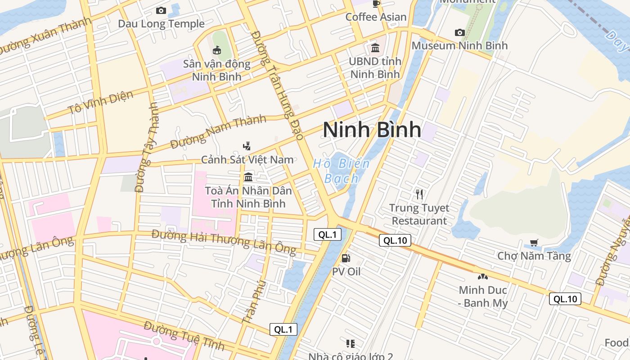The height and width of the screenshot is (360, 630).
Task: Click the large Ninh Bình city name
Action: coord(372,130)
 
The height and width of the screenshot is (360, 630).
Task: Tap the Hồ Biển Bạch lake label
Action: coord(342,171)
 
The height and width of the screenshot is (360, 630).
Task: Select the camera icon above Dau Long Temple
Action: coord(161,10)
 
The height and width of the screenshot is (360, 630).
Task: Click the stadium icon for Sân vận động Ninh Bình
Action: coord(217,50)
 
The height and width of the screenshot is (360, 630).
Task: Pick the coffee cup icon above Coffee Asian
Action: coord(376,4)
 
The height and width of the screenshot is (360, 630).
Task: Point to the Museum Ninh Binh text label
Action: coord(459,45)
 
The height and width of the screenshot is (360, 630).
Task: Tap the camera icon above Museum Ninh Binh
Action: coord(459,32)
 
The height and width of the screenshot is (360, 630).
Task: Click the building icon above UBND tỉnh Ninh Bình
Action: coord(375,48)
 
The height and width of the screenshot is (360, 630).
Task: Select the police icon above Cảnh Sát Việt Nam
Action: coord(247,146)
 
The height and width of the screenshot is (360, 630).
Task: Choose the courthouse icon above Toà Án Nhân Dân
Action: coord(248,177)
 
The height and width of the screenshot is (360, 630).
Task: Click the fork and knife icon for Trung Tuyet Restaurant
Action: coord(419,194)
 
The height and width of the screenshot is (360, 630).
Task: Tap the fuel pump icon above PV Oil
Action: coord(346,258)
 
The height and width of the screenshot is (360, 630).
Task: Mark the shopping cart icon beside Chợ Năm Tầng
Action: coord(534,243)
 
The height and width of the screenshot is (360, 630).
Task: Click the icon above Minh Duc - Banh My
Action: coord(482,277)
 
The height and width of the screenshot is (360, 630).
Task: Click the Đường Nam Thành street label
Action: coord(218,132)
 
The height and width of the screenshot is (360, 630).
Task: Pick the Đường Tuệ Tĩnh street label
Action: coord(184,336)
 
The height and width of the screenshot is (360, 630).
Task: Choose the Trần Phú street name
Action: coord(254,302)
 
